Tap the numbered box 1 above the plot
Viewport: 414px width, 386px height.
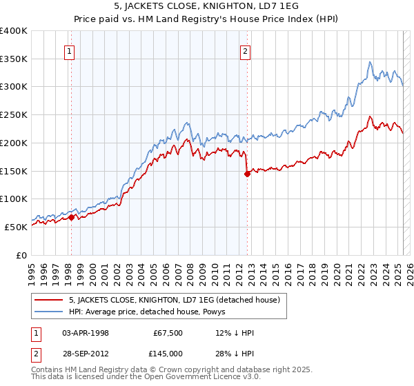coord(70,50)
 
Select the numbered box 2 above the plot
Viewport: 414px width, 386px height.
coord(246,50)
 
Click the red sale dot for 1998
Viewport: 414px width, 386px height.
coord(71,217)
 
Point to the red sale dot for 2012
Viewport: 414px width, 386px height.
coord(246,174)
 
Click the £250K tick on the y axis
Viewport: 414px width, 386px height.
coord(14,114)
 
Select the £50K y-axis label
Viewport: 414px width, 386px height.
coord(17,227)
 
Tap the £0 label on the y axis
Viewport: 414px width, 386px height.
coord(23,255)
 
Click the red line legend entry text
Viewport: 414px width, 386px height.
coord(174,300)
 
